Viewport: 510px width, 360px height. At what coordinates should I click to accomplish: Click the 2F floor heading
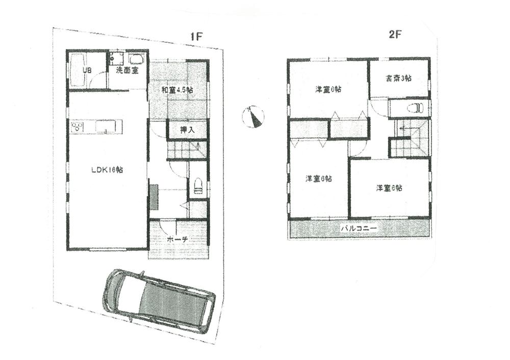[396, 35]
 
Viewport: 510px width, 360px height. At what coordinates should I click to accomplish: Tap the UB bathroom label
[87, 70]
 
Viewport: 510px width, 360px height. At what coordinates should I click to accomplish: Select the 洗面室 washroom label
[127, 70]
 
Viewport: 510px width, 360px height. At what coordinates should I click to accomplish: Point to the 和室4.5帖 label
[177, 90]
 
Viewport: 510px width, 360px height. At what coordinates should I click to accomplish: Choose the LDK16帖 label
[107, 170]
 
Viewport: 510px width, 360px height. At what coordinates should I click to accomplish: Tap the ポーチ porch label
[177, 239]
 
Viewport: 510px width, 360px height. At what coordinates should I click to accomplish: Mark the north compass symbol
[253, 117]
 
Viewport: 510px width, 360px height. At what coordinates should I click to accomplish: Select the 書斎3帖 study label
[398, 78]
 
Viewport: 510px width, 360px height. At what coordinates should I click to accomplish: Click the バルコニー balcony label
[359, 229]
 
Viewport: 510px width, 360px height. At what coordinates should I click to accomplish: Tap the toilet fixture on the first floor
[198, 186]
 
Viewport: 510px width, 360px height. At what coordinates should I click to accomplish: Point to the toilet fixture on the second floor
[416, 108]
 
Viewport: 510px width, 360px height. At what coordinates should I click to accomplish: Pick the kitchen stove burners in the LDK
[78, 126]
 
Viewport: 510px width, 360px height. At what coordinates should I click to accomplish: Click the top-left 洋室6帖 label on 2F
[328, 89]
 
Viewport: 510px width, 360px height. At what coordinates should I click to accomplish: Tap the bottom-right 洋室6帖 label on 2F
[389, 188]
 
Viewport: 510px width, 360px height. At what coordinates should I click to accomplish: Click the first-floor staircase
[187, 149]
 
